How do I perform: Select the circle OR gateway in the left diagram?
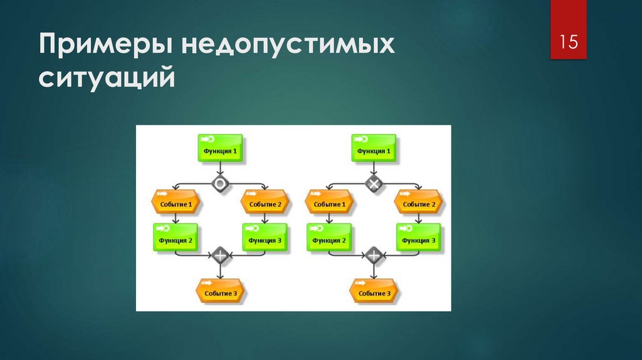click(x=220, y=184)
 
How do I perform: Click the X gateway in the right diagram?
click(x=374, y=184)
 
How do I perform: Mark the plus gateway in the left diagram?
click(x=220, y=255)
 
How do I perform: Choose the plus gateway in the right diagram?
click(x=374, y=255)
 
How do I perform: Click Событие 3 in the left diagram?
click(x=220, y=291)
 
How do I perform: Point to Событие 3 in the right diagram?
click(x=374, y=291)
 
